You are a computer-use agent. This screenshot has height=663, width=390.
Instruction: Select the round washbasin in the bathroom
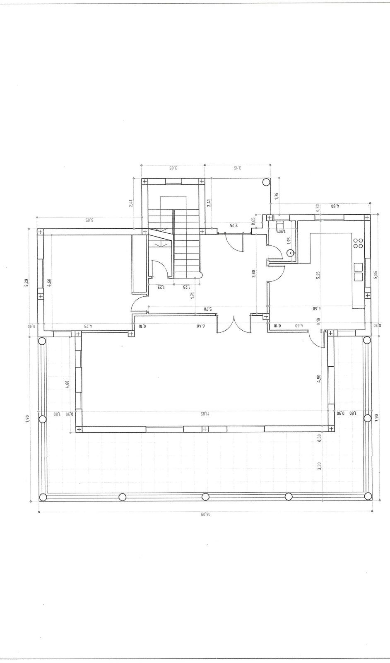(x=290, y=252)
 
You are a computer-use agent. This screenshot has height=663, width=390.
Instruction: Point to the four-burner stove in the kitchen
(x=358, y=243)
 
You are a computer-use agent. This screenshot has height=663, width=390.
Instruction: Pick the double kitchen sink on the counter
(x=358, y=272)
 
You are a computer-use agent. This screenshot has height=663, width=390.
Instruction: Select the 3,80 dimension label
(x=254, y=275)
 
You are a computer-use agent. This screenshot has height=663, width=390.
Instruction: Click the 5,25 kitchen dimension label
(x=318, y=275)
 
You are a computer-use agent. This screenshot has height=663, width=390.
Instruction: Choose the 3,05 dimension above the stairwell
(x=173, y=168)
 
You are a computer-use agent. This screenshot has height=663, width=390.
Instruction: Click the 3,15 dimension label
(x=237, y=168)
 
